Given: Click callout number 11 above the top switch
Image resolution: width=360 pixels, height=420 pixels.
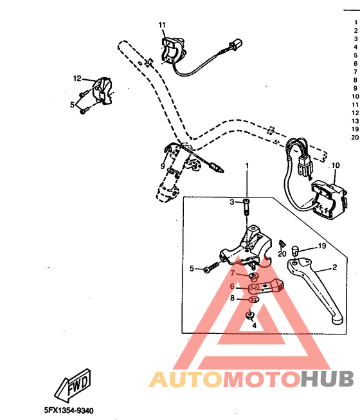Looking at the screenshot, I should (162, 25).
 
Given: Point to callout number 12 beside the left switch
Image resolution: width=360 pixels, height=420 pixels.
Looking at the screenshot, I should (76, 78).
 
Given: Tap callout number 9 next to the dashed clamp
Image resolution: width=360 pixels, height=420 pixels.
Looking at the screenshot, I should (163, 167).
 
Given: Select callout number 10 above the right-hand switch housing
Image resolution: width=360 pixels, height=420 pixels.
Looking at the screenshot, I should (335, 166).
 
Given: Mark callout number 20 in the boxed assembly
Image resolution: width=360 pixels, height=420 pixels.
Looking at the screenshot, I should (282, 254).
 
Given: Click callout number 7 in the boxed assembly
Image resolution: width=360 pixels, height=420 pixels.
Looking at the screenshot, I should (233, 273).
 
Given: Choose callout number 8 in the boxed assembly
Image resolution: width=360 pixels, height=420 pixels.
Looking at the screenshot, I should (232, 298).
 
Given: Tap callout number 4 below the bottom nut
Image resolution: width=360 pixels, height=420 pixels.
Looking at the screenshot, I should (254, 325).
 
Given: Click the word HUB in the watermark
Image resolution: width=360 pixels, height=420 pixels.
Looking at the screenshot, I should (327, 379).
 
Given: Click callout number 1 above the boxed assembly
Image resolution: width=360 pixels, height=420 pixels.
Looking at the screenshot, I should (247, 166).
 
